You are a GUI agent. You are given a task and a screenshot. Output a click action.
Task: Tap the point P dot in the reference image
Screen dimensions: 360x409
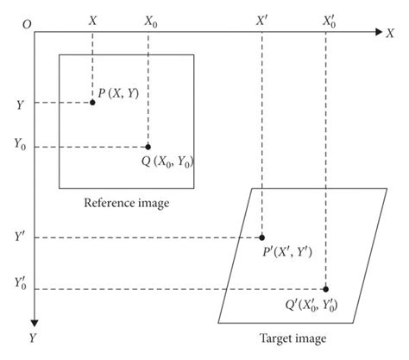[x=92, y=103]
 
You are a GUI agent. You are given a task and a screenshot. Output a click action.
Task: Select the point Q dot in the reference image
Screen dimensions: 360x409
[x=148, y=147]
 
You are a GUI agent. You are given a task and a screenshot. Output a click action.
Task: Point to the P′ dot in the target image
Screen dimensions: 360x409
[x=261, y=237]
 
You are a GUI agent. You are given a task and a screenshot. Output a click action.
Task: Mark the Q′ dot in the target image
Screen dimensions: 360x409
[x=326, y=288]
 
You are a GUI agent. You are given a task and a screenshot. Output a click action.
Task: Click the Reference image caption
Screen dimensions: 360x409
[x=126, y=204]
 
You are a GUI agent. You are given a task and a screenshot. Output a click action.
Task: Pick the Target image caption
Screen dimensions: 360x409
[x=293, y=338]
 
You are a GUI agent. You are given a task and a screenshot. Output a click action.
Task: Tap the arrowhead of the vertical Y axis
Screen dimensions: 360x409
[x=34, y=316]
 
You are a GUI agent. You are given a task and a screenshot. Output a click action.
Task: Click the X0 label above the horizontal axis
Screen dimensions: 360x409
[x=150, y=19]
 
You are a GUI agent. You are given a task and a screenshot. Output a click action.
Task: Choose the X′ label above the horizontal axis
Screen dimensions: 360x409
[x=262, y=17]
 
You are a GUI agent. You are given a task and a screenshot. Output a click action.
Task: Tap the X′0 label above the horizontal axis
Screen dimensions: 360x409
[x=329, y=18]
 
